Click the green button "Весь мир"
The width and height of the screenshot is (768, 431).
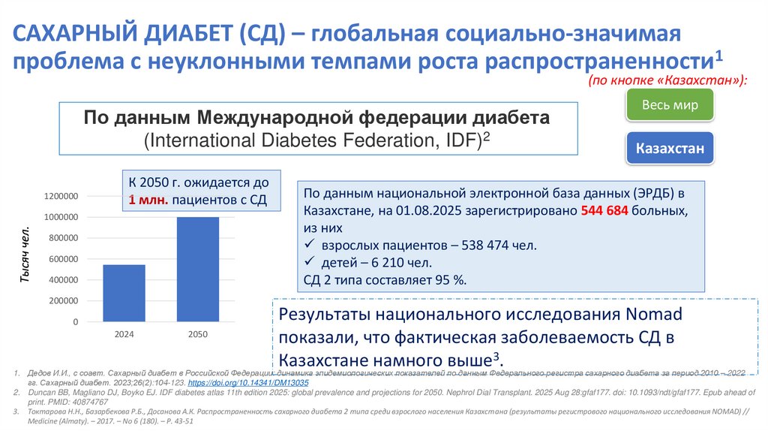670,104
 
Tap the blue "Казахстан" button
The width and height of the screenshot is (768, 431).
670,149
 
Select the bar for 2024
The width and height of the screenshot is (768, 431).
124,293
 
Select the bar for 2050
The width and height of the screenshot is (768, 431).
198,269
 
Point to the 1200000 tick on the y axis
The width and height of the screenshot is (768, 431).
61,197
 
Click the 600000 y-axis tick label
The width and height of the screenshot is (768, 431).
64,259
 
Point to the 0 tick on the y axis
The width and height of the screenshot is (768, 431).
76,321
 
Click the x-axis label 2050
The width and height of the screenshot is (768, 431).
198,334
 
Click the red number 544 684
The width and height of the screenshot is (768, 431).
605,211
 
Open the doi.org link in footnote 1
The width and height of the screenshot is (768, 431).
259,382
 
